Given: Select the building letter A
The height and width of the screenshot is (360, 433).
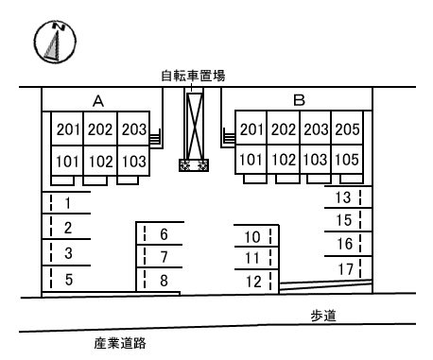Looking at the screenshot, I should point(97,99).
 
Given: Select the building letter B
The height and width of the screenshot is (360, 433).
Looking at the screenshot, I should point(298,99).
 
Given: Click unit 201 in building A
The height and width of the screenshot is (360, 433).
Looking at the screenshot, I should point(68,129).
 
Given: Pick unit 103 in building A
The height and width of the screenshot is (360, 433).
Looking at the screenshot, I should point(133,161).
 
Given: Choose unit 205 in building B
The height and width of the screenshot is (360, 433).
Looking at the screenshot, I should point(347,129).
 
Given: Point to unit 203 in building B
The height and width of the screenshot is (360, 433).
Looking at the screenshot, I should point(315,129).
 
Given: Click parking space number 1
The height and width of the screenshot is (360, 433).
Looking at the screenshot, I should point(68,203).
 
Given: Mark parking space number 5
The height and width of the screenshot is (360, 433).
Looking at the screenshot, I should point(68,279).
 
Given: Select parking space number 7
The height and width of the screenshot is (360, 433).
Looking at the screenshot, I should point(164,257).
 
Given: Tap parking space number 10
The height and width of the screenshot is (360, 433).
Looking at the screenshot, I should point(251,237).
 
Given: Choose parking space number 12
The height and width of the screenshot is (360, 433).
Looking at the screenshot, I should point(251,281).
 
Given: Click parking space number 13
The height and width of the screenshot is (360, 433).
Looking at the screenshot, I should point(343,197).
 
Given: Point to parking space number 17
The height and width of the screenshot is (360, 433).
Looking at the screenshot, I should point(343,269).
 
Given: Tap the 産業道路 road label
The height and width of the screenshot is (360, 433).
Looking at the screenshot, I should point(120,344).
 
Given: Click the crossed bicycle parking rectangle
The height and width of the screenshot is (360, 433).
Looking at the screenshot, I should point(198,125).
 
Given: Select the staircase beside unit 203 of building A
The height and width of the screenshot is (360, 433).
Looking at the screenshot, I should point(156,138).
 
